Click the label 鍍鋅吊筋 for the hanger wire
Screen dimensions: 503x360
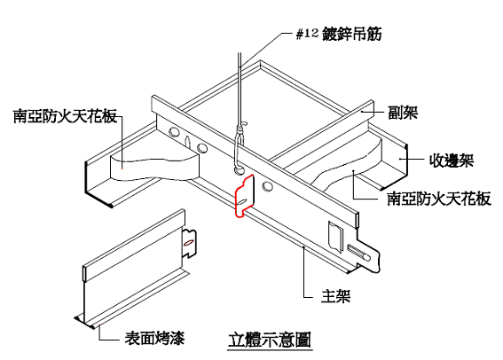(352, 34)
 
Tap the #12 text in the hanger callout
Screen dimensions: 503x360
(307, 34)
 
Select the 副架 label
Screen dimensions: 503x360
(403, 113)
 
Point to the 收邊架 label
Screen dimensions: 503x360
(452, 160)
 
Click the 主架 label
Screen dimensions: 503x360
(336, 295)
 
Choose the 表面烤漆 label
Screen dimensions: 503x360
(154, 338)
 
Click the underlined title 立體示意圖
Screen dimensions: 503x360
(270, 340)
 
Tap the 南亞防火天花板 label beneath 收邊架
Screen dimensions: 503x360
(439, 199)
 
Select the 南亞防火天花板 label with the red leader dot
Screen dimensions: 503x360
(65, 116)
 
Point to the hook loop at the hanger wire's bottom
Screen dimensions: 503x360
(239, 169)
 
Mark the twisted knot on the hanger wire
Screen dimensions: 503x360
(240, 131)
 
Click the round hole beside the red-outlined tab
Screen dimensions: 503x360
(267, 185)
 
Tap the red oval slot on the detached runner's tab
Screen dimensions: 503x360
(189, 243)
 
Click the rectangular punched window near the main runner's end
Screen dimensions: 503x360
(335, 235)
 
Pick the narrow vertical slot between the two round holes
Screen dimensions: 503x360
(188, 141)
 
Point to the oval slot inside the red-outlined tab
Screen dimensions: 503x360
(242, 201)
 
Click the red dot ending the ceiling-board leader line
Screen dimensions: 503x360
(122, 167)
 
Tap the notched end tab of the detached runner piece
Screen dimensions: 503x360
(190, 243)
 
